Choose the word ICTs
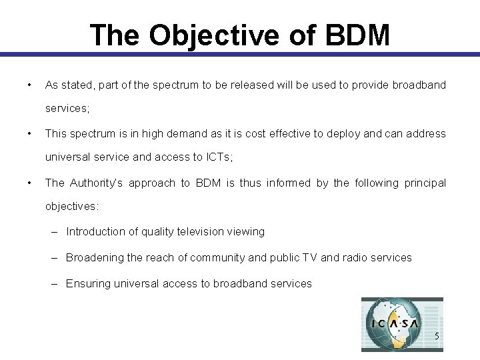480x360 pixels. pos(215,158)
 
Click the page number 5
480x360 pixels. pos(437,336)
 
